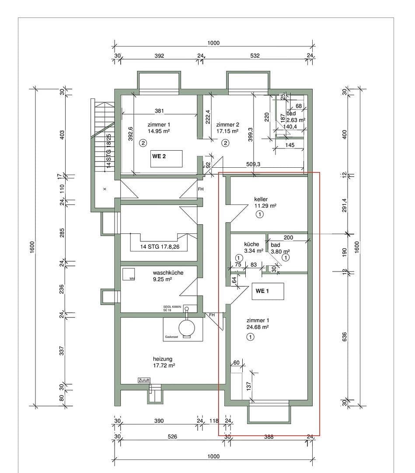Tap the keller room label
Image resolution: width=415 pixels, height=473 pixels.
pyautogui.click(x=261, y=199)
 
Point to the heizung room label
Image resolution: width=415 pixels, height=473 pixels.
pyautogui.click(x=162, y=359)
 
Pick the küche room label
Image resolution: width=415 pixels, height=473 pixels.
pyautogui.click(x=251, y=244)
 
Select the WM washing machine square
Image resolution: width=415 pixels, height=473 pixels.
pyautogui.click(x=129, y=274)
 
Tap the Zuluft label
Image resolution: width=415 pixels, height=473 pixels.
pyautogui.click(x=144, y=381)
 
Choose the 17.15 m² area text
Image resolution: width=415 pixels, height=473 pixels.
pyautogui.click(x=227, y=131)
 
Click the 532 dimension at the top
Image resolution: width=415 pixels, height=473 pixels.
pyautogui.click(x=255, y=56)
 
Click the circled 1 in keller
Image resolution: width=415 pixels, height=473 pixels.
pyautogui.click(x=260, y=214)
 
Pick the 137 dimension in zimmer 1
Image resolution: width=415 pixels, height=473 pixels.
pyautogui.click(x=248, y=386)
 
